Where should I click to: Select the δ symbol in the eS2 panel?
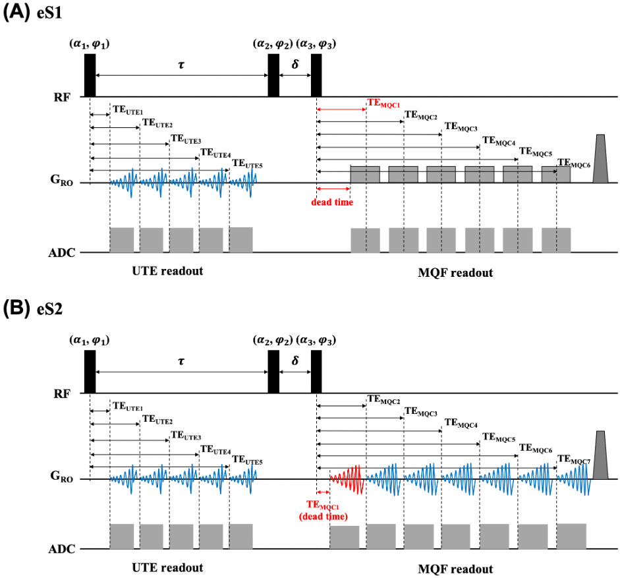[x=295, y=362]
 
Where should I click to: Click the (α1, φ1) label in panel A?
[x=88, y=44]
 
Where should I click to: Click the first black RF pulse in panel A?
[x=90, y=75]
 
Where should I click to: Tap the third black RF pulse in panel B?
[x=316, y=372]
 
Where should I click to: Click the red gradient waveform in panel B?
[x=347, y=479]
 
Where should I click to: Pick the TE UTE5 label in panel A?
[x=247, y=164]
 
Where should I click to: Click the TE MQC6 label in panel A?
[x=573, y=162]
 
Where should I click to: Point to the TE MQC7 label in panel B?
[x=573, y=459]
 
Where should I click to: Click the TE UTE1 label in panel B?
[x=128, y=407]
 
